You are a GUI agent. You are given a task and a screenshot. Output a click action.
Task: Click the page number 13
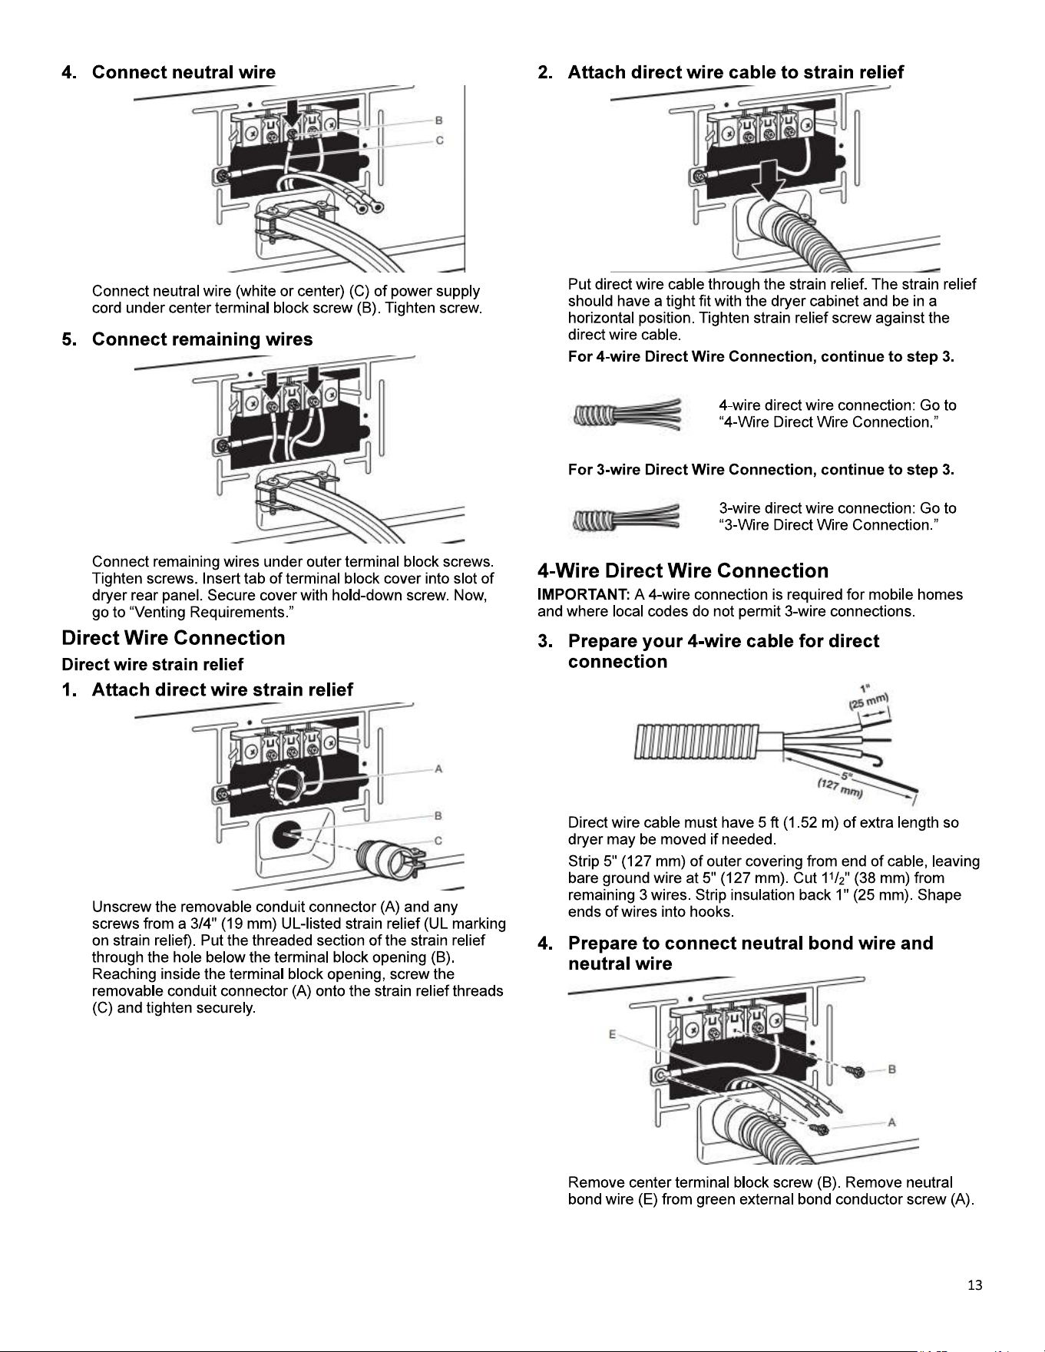coord(974,1285)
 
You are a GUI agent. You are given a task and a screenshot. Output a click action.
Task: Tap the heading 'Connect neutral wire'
coord(184,72)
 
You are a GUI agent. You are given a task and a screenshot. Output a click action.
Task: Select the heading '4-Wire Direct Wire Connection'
coord(683,570)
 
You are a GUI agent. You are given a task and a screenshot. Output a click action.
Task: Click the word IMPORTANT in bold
coord(584,595)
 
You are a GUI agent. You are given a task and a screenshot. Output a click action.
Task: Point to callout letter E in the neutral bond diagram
coord(612,1034)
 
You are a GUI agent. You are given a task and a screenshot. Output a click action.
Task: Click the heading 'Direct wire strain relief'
coord(152,664)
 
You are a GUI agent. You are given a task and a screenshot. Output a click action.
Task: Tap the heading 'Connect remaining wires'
coord(202,339)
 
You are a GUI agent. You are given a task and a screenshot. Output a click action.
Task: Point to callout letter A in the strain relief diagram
coord(438,769)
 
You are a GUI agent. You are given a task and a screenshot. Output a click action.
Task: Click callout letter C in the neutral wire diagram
coord(440,140)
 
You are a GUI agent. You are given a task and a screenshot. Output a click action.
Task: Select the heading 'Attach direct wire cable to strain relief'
coord(736,72)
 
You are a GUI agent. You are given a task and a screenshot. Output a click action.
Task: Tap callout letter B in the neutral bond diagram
coord(891,1069)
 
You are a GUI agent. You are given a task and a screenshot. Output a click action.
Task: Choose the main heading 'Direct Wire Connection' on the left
coord(173,638)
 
